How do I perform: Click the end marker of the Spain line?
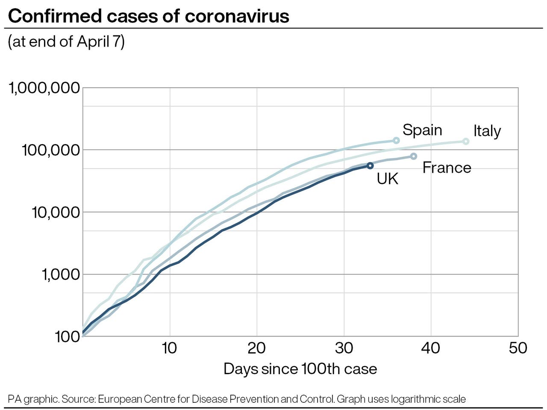tap(396, 140)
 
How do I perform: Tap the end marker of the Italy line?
tap(466, 141)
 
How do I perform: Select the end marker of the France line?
tap(414, 156)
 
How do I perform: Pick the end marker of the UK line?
tap(370, 165)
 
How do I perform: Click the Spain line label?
tap(422, 130)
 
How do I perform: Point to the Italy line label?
tap(487, 131)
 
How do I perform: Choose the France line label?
tap(447, 168)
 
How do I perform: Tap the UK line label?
tap(387, 179)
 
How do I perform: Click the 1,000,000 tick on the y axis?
tap(44, 88)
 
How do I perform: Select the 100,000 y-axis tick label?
tap(51, 150)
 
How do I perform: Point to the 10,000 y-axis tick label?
tap(56, 212)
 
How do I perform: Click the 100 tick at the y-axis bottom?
tap(68, 337)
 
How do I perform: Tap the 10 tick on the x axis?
tap(169, 348)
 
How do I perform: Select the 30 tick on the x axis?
tap(344, 348)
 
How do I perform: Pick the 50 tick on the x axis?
tap(518, 348)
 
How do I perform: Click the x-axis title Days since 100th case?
tap(300, 369)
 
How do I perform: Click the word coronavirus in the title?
tap(237, 16)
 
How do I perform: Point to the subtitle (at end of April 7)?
tap(66, 41)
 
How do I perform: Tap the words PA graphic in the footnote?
tap(33, 399)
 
